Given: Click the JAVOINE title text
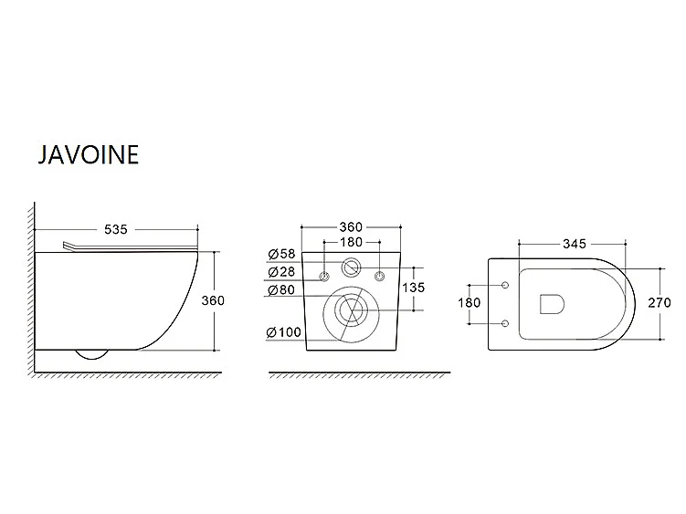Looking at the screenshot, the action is coord(89,154).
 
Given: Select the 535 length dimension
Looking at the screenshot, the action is coord(116,229).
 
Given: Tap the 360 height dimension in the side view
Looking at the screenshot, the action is coord(213,300).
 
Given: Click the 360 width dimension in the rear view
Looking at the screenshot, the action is coord(351,227).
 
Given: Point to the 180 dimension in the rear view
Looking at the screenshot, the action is coord(351,242).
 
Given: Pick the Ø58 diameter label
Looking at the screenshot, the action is coord(281,254).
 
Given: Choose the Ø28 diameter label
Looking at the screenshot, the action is coord(281,272).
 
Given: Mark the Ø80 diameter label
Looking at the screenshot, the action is coord(281,289).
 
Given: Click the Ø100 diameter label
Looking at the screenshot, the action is coord(284,332).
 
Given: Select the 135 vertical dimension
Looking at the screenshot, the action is coord(414,288).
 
